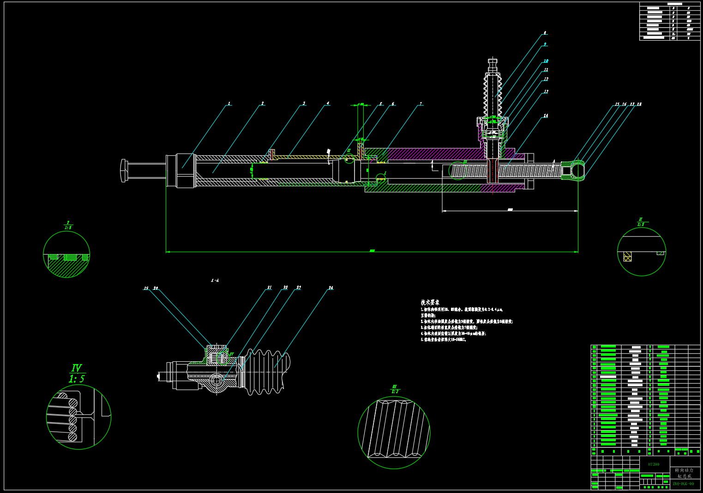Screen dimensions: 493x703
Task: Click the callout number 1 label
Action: (x=229, y=103)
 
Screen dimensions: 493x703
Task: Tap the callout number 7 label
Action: (x=421, y=104)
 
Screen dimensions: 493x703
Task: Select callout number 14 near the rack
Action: (x=546, y=116)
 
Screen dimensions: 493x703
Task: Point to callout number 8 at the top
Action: (x=545, y=33)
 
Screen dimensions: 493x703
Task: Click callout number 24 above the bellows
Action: (x=330, y=288)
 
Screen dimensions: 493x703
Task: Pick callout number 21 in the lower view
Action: (x=269, y=287)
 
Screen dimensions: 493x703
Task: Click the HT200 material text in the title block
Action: (x=653, y=464)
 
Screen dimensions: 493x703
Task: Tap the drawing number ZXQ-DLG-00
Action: (x=683, y=484)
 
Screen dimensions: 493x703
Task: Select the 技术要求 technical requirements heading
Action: (x=430, y=303)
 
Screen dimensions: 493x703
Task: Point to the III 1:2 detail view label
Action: (x=395, y=389)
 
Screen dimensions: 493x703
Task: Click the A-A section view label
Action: (x=215, y=280)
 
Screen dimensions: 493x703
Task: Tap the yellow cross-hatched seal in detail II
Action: (x=627, y=256)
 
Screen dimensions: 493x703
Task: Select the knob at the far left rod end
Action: (x=123, y=170)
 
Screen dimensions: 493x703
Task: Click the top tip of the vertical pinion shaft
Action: (x=493, y=60)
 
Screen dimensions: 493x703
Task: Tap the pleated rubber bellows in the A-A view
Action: (x=267, y=372)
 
